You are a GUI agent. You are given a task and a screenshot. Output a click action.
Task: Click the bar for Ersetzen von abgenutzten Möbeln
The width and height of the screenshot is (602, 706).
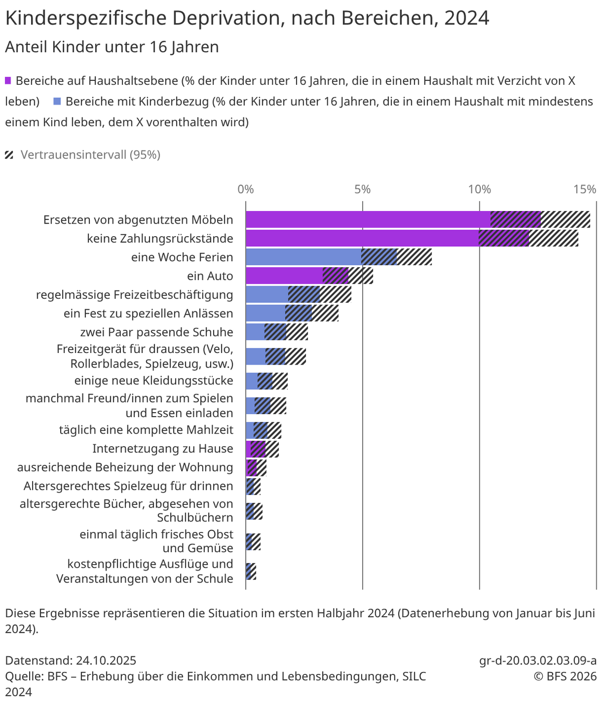point(368,220)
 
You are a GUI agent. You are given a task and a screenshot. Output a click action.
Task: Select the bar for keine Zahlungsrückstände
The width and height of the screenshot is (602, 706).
point(362,238)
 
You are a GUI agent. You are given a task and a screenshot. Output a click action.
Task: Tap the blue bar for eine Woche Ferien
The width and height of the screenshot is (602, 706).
point(304,257)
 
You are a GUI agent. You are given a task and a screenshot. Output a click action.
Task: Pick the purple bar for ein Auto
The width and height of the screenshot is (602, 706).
point(284,276)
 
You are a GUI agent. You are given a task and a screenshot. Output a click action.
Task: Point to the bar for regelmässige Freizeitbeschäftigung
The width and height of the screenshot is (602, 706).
point(267,294)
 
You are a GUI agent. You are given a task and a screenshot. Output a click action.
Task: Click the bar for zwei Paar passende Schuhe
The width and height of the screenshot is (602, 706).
point(255,332)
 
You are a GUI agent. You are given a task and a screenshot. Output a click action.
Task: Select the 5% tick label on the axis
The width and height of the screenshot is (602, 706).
point(362,190)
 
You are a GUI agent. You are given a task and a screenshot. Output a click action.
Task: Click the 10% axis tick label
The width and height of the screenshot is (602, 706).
point(479,190)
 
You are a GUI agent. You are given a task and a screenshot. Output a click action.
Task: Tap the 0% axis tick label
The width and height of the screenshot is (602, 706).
point(245,190)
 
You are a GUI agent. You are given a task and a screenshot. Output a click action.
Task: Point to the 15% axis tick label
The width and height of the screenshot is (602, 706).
point(584,190)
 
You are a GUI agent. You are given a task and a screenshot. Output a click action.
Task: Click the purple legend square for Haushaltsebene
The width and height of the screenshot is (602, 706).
point(8,81)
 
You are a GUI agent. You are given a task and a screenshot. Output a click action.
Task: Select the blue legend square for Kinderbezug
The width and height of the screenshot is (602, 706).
point(57,101)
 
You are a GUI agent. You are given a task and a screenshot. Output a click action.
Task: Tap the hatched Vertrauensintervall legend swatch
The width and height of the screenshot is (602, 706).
point(9,155)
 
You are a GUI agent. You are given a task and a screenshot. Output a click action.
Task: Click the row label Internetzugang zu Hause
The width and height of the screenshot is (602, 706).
point(163,449)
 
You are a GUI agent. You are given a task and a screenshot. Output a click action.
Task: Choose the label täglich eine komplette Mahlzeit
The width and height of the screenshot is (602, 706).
point(146,430)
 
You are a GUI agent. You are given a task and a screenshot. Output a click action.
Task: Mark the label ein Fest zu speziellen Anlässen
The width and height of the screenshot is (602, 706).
point(148,313)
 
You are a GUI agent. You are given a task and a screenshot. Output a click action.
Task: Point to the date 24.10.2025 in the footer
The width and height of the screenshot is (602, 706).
point(106,660)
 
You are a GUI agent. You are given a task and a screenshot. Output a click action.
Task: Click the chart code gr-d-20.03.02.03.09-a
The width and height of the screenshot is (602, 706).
point(538,660)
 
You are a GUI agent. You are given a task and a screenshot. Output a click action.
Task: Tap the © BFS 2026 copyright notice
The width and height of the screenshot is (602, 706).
point(565,676)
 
